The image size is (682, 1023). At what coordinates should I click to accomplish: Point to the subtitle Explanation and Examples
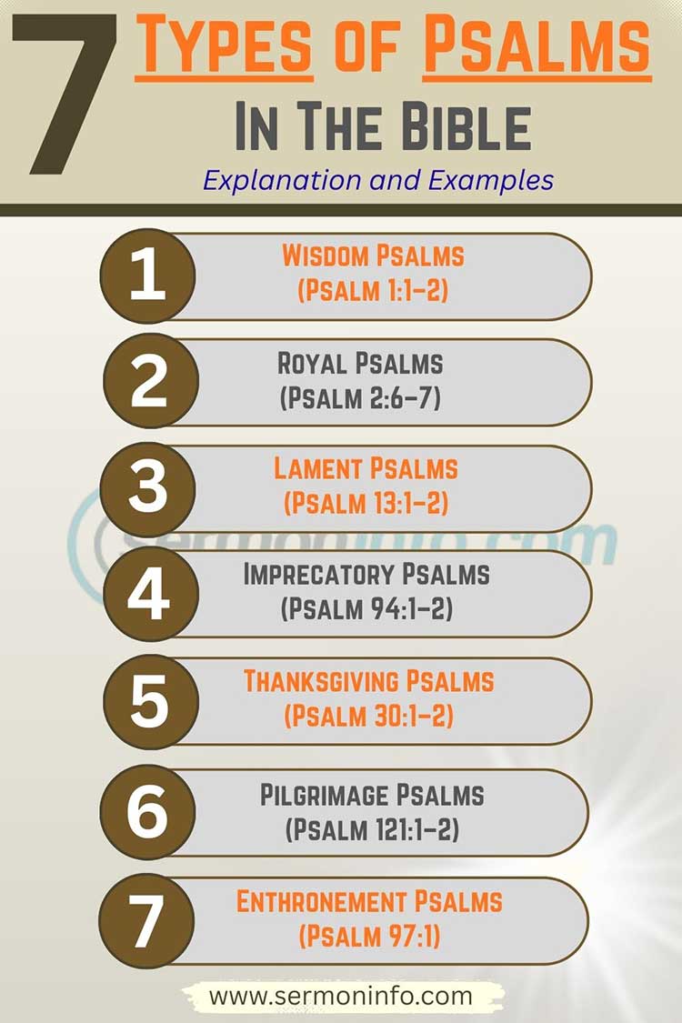(378, 179)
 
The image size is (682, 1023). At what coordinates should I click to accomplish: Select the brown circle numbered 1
(147, 276)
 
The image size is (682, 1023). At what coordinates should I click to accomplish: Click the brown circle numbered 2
(147, 383)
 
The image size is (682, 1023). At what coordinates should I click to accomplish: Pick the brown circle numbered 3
(147, 488)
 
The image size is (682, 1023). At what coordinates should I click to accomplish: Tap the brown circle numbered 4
(147, 595)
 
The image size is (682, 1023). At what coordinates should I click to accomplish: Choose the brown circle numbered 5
(147, 701)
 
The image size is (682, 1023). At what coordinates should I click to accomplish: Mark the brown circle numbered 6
(147, 810)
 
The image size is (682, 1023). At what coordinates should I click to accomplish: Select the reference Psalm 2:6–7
(360, 398)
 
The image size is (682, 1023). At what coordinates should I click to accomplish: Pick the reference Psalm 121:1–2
(372, 828)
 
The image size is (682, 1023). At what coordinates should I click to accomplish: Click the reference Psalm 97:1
(368, 936)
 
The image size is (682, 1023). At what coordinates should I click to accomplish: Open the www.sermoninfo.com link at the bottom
(341, 996)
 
